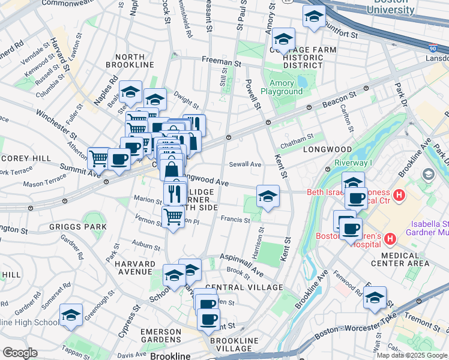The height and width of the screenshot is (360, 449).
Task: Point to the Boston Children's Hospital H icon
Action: point(390,239)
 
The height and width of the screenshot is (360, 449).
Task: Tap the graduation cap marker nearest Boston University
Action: point(313,18)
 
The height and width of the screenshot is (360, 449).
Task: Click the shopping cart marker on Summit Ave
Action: point(99,159)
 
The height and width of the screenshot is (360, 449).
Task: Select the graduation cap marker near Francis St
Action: point(268,196)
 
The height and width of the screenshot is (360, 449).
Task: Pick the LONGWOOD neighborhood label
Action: point(327,149)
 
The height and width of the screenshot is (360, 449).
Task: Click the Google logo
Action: point(20,353)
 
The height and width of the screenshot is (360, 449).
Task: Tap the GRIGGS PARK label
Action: point(83,227)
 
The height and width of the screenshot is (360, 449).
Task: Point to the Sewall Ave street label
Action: point(245,164)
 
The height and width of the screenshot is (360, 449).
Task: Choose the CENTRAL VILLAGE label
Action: point(243,288)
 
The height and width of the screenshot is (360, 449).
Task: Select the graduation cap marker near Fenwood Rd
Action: point(375,298)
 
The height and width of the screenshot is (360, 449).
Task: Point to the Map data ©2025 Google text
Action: point(412,355)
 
